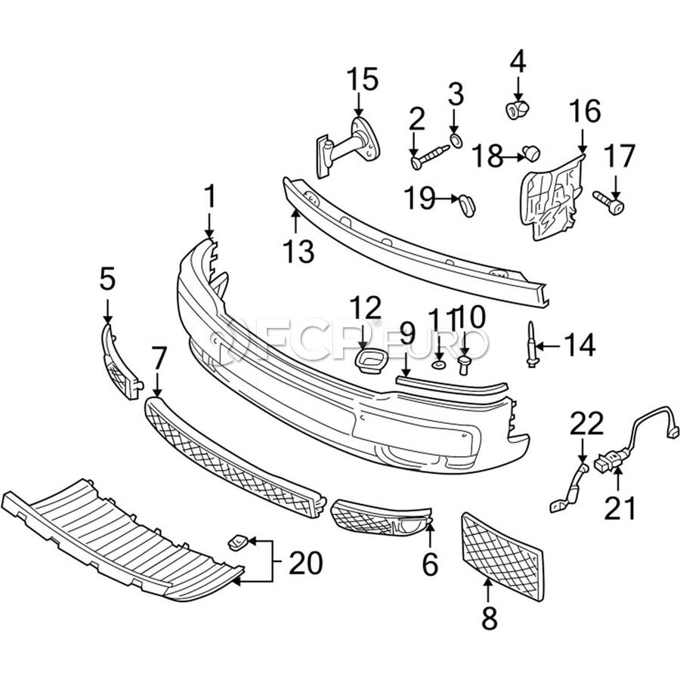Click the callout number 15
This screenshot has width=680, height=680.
tap(362, 79)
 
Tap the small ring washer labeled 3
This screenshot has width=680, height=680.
tap(456, 141)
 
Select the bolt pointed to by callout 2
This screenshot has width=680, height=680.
tap(430, 157)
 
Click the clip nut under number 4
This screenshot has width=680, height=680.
tap(518, 110)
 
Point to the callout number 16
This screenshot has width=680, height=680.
tap(585, 112)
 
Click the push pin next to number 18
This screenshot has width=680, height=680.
tap(532, 153)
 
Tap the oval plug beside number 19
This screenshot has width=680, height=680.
tap(467, 205)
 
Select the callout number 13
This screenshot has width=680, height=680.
tap(298, 251)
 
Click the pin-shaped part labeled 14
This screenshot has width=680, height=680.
tap(532, 345)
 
